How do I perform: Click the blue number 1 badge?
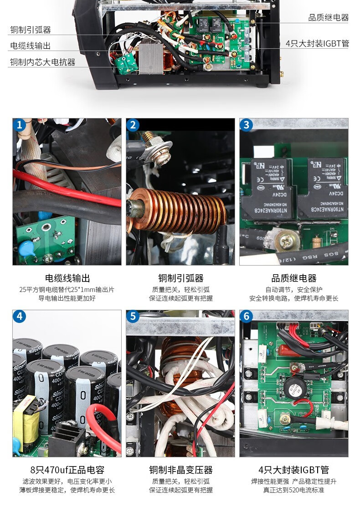click(x=19, y=125)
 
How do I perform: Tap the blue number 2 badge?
click(x=133, y=125)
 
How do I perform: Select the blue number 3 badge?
click(x=247, y=125)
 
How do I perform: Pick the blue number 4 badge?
click(x=19, y=317)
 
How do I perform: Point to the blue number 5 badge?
click(x=133, y=317)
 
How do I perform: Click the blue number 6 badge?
click(x=247, y=317)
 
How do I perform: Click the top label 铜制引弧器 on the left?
click(x=31, y=30)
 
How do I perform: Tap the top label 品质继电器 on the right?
click(x=328, y=18)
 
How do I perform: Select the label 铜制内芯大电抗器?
click(x=42, y=62)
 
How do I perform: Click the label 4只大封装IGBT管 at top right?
click(x=317, y=44)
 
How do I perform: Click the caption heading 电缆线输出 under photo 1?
click(x=67, y=278)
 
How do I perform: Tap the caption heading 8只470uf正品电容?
click(x=67, y=470)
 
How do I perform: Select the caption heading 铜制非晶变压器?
click(x=180, y=470)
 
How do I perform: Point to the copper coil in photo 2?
click(x=182, y=211)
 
